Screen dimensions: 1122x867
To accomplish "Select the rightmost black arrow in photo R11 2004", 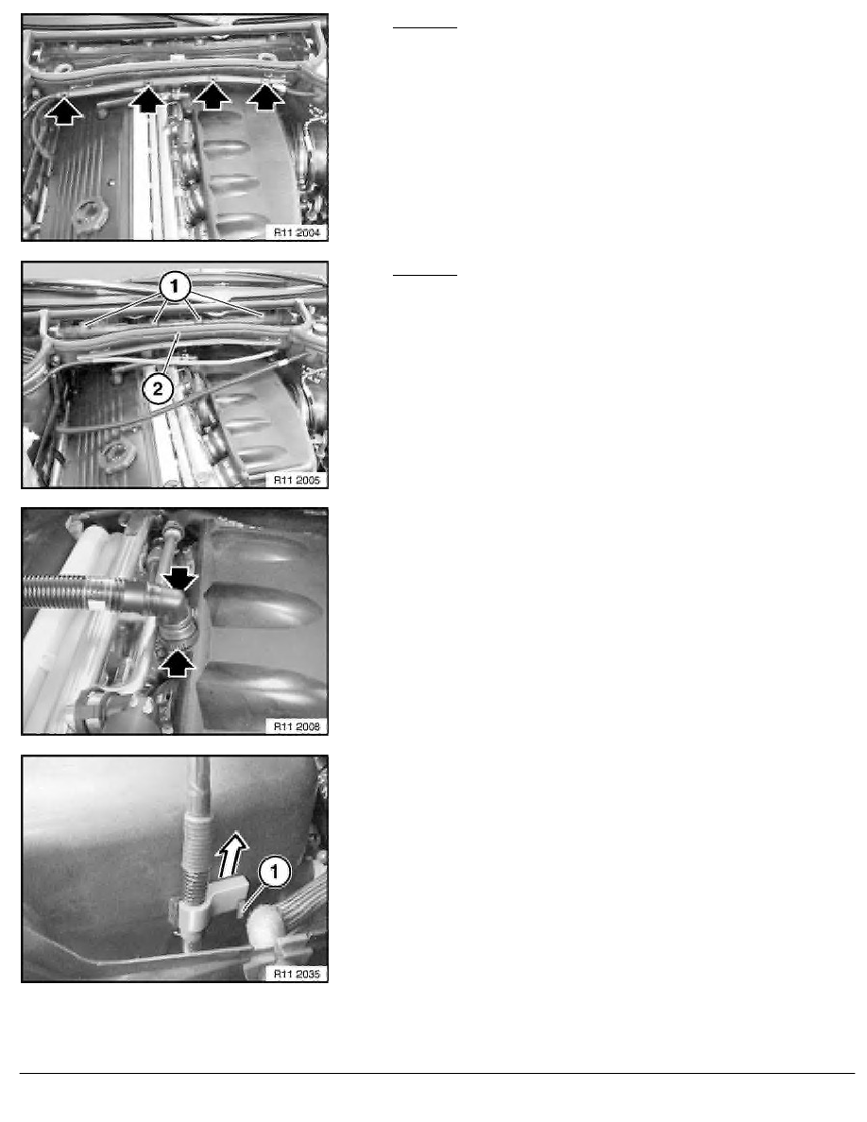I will [x=269, y=95].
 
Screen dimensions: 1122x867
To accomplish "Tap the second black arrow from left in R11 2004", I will [x=146, y=97].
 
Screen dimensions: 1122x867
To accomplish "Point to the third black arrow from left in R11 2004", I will [x=213, y=95].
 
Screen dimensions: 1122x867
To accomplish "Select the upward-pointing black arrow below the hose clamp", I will [x=179, y=662].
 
